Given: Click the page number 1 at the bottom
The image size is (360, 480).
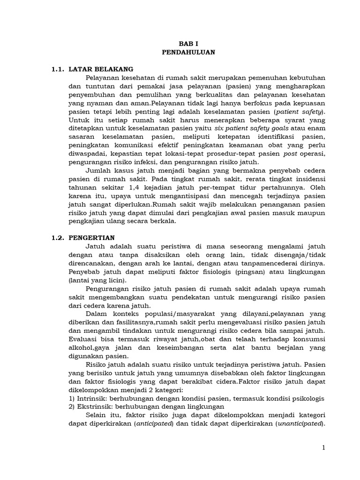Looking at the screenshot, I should pyautogui.click(x=323, y=448).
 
